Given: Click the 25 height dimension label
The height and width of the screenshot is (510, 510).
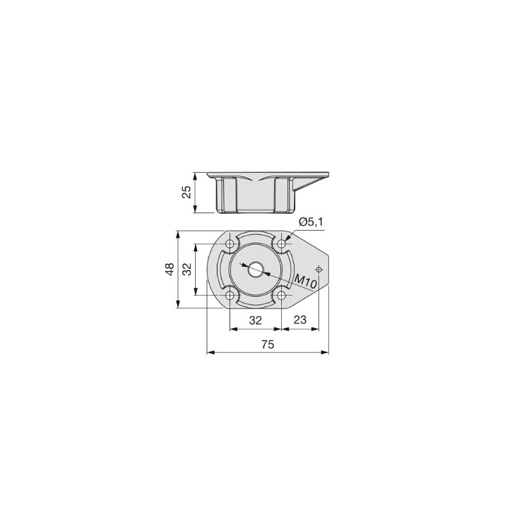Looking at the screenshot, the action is pos(186,193).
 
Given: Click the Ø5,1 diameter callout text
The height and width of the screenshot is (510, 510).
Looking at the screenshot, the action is pos(311,222).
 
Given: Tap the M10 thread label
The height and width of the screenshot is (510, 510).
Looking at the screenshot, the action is pos(305,282).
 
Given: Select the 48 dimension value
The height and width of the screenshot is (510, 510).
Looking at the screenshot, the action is pos(170,269).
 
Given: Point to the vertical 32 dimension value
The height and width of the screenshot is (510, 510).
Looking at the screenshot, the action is pos(187,269).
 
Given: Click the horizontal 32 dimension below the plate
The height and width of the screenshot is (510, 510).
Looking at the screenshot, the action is pos(256,321).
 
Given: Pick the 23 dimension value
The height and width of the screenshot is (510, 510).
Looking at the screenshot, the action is pos(300,320).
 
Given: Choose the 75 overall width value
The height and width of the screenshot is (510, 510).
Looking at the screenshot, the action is pos(268,344).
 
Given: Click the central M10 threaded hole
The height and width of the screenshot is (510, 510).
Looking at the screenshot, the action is pos(256,270).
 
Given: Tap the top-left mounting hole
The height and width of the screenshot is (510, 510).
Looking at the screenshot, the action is pos(230,244).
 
